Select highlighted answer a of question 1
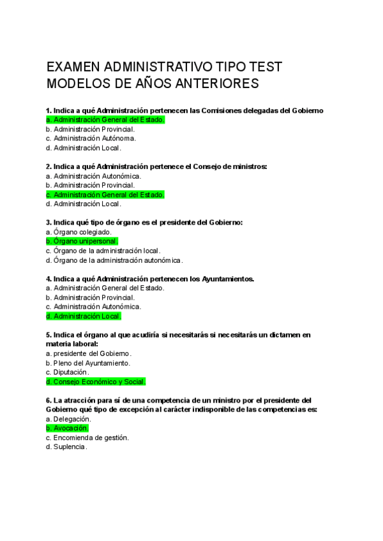click(x=105, y=119)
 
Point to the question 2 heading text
click(x=156, y=167)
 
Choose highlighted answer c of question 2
click(x=105, y=195)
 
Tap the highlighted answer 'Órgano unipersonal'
click(x=82, y=241)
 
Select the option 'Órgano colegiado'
click(x=79, y=232)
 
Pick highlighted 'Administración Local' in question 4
click(x=84, y=316)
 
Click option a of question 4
click(x=105, y=288)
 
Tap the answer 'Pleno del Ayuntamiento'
click(x=89, y=363)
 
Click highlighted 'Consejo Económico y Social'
click(x=96, y=382)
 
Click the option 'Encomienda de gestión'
click(x=88, y=438)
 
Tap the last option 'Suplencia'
click(x=66, y=447)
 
